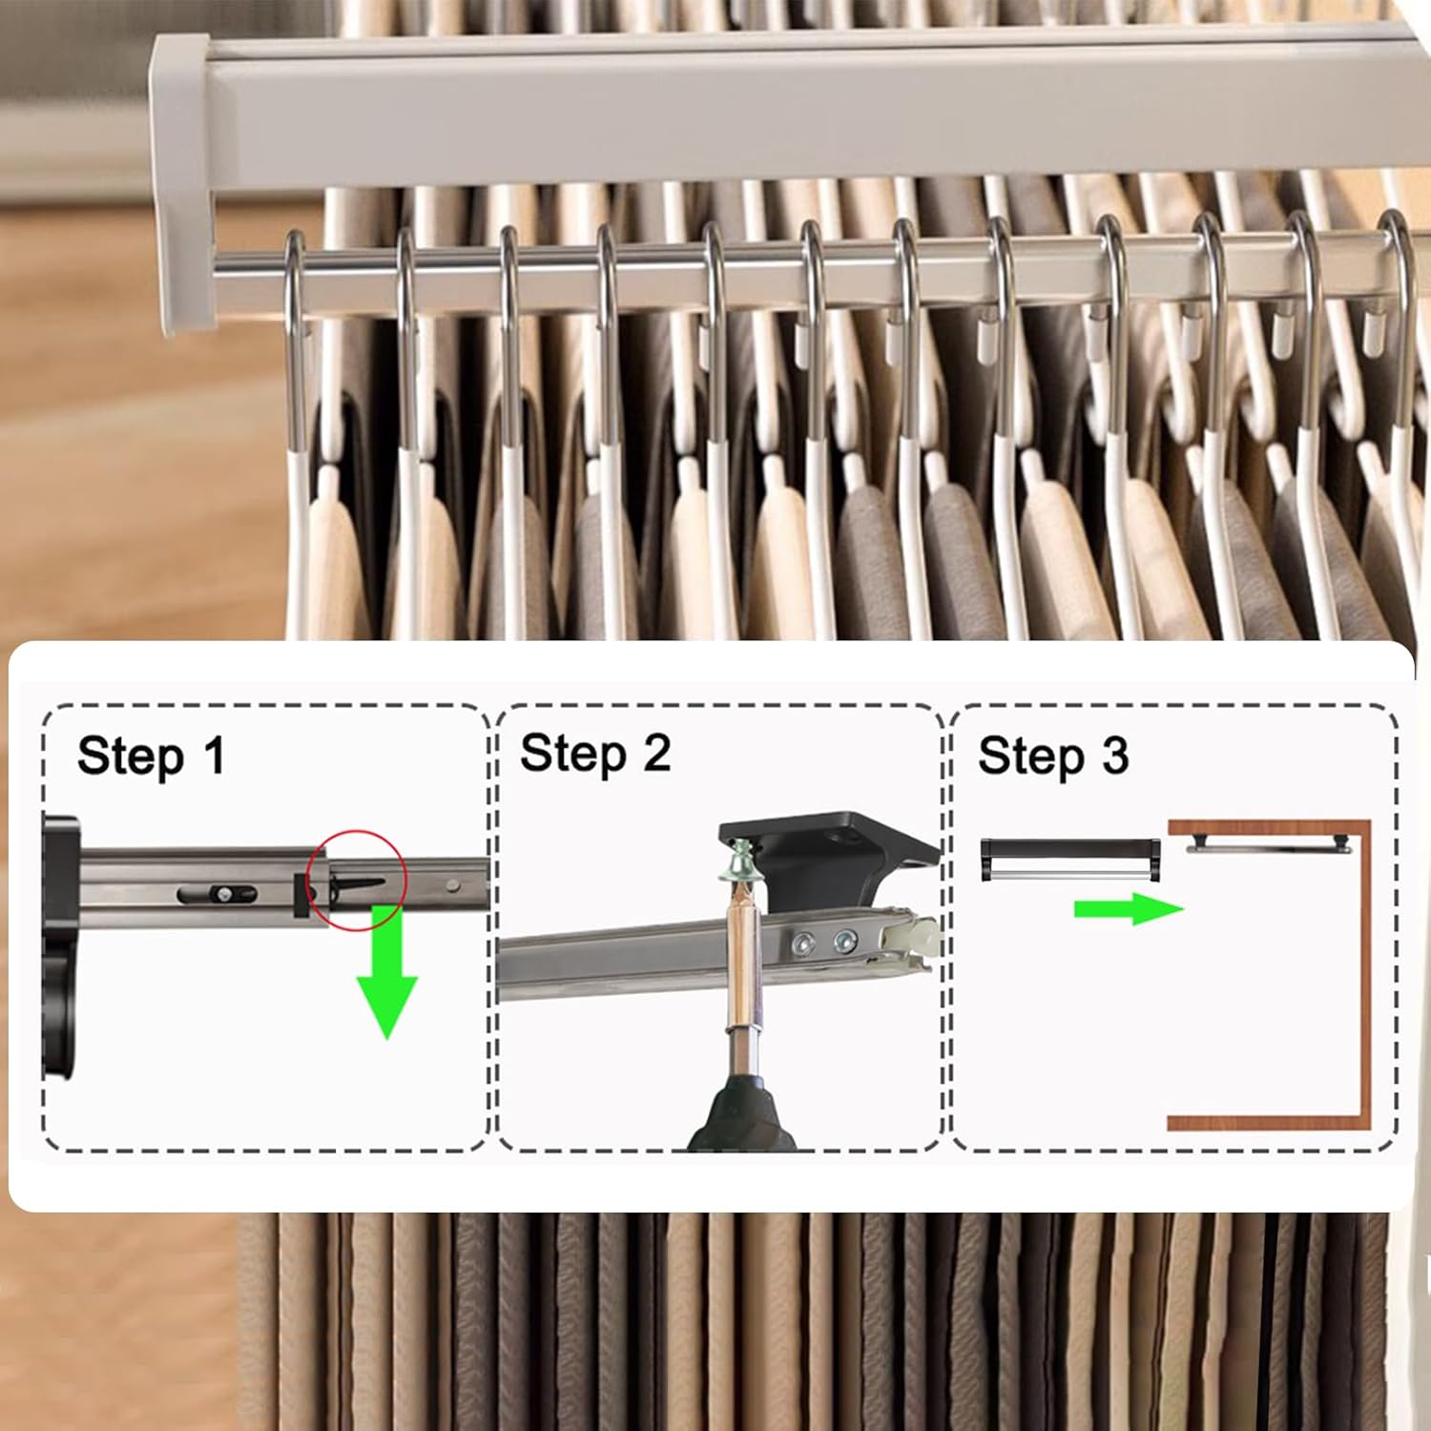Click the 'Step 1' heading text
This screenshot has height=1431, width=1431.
[151, 756]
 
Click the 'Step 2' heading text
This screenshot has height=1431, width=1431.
[594, 754]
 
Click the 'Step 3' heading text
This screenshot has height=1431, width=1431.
[1052, 756]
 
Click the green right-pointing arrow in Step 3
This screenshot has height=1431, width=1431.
[1128, 909]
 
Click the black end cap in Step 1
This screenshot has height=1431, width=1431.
[59, 954]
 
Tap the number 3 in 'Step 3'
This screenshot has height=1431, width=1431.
[1114, 756]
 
